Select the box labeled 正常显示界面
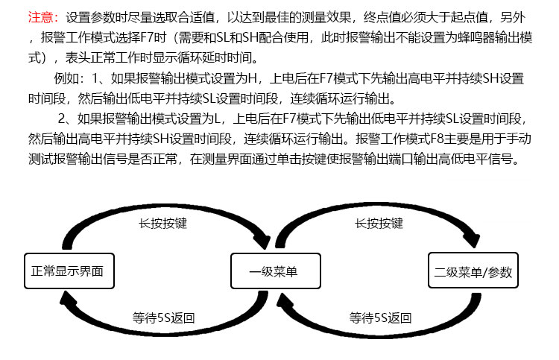click(x=69, y=271)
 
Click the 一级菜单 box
click(x=276, y=271)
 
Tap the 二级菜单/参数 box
click(x=473, y=270)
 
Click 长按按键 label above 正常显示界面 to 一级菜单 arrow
click(x=163, y=223)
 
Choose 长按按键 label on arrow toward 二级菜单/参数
click(x=379, y=223)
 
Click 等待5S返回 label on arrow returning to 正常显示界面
click(x=164, y=318)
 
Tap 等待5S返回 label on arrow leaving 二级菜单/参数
click(x=380, y=318)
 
